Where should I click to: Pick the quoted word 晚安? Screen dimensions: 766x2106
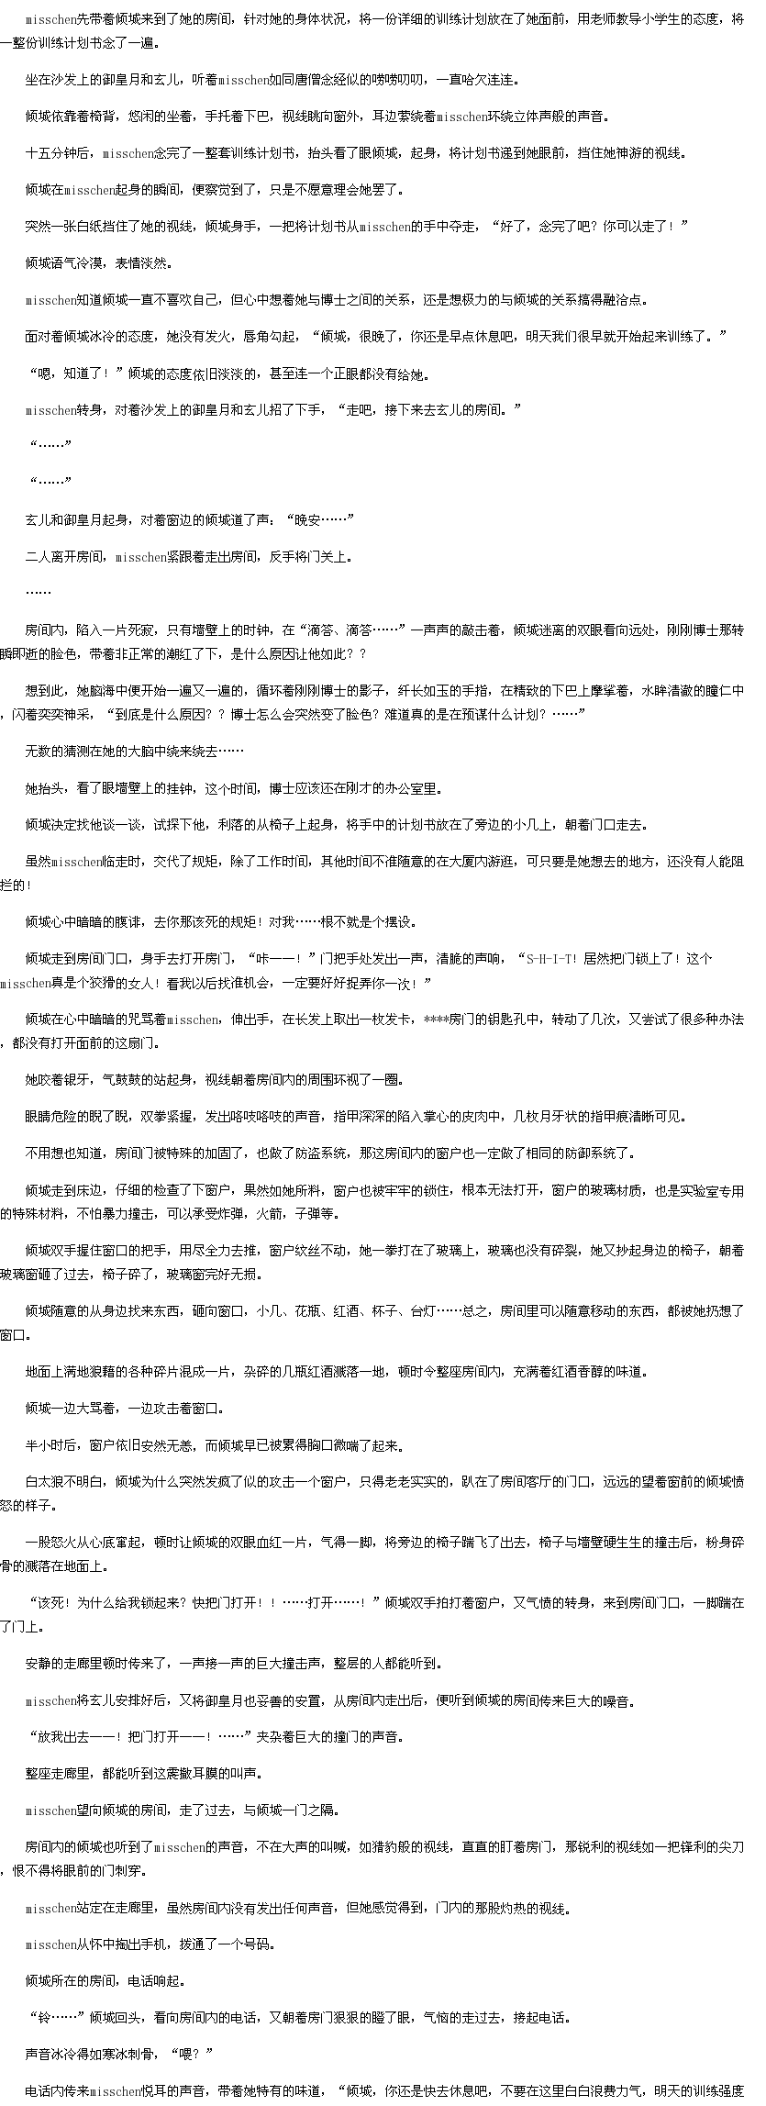click(305, 520)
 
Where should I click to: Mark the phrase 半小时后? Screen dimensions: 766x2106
click(49, 1445)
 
